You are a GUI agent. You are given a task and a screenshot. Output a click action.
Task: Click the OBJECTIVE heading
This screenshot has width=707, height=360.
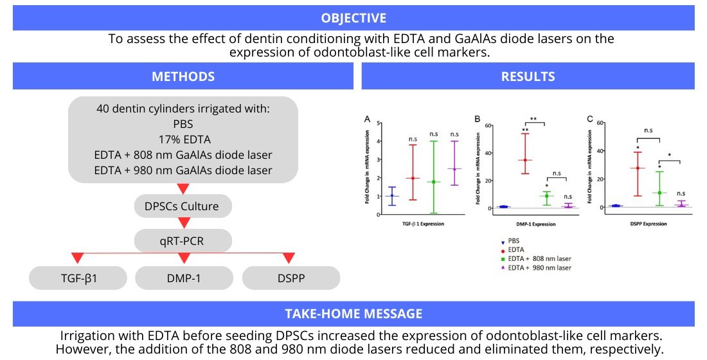(353, 17)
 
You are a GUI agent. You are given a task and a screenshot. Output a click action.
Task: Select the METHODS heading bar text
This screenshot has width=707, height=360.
(183, 76)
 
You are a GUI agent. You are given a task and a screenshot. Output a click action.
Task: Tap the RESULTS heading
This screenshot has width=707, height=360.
(528, 76)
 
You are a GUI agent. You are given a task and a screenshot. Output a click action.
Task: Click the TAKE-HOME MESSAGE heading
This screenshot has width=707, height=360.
(353, 314)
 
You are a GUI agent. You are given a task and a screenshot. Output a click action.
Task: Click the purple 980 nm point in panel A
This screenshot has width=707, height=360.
(455, 169)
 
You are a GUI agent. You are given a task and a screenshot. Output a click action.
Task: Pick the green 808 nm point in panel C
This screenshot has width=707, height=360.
(659, 193)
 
